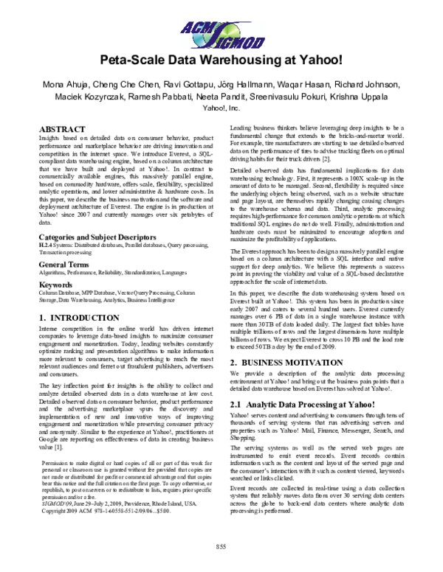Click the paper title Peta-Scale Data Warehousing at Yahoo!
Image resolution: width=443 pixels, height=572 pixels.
click(x=220, y=60)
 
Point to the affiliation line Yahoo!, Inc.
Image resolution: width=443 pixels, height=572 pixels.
click(x=221, y=108)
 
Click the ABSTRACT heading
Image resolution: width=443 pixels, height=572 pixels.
click(x=60, y=129)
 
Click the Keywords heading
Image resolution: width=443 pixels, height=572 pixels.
click(x=55, y=282)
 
